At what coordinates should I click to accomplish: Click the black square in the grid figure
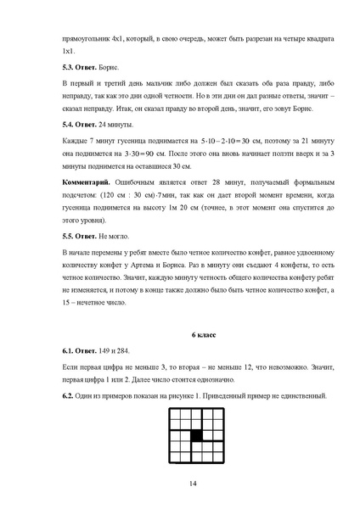click(196, 435)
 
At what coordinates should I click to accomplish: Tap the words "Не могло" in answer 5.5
click(116, 235)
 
